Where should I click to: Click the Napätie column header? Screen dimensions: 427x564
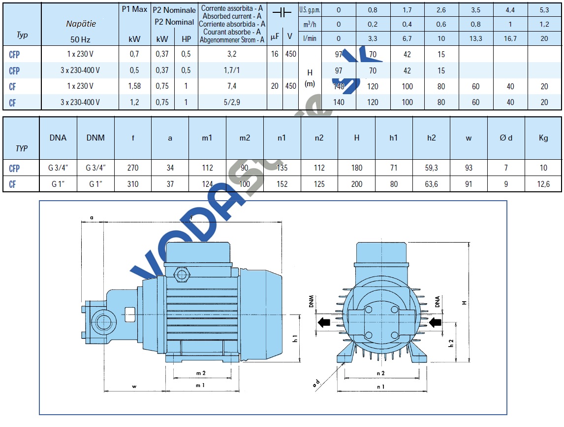point(81,24)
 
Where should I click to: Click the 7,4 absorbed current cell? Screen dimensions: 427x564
point(232,86)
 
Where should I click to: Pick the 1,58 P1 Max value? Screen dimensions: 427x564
point(135,86)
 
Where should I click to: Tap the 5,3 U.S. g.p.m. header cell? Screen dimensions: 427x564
point(544,10)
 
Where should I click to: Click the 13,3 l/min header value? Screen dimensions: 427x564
point(475,38)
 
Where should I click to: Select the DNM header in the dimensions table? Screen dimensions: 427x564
point(95,138)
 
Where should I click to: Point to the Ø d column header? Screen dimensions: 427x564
point(506,138)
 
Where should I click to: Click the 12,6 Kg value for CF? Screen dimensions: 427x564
point(543,184)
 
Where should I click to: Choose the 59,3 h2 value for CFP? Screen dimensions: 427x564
point(431,168)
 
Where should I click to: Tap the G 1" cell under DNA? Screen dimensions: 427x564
point(58,184)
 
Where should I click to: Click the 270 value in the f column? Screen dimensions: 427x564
point(133,168)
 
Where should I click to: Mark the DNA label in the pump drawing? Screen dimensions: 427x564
point(437,301)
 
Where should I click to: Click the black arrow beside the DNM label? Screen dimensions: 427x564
point(323,323)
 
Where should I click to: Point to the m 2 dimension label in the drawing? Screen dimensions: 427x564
point(200,372)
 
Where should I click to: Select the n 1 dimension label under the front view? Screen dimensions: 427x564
point(380,387)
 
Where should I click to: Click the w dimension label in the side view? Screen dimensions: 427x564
point(133,387)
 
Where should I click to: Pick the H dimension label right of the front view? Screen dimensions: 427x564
point(464,302)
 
